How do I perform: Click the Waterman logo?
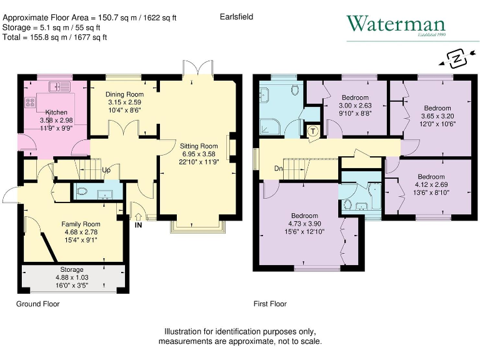(396, 25)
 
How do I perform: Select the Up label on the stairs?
(107, 170)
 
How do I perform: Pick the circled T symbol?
(313, 131)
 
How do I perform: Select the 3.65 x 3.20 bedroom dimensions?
(432, 116)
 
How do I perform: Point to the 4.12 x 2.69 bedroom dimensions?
(431, 184)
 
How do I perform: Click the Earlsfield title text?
(236, 17)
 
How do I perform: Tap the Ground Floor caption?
(37, 304)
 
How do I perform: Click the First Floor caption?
(270, 304)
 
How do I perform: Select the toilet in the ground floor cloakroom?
(83, 192)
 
